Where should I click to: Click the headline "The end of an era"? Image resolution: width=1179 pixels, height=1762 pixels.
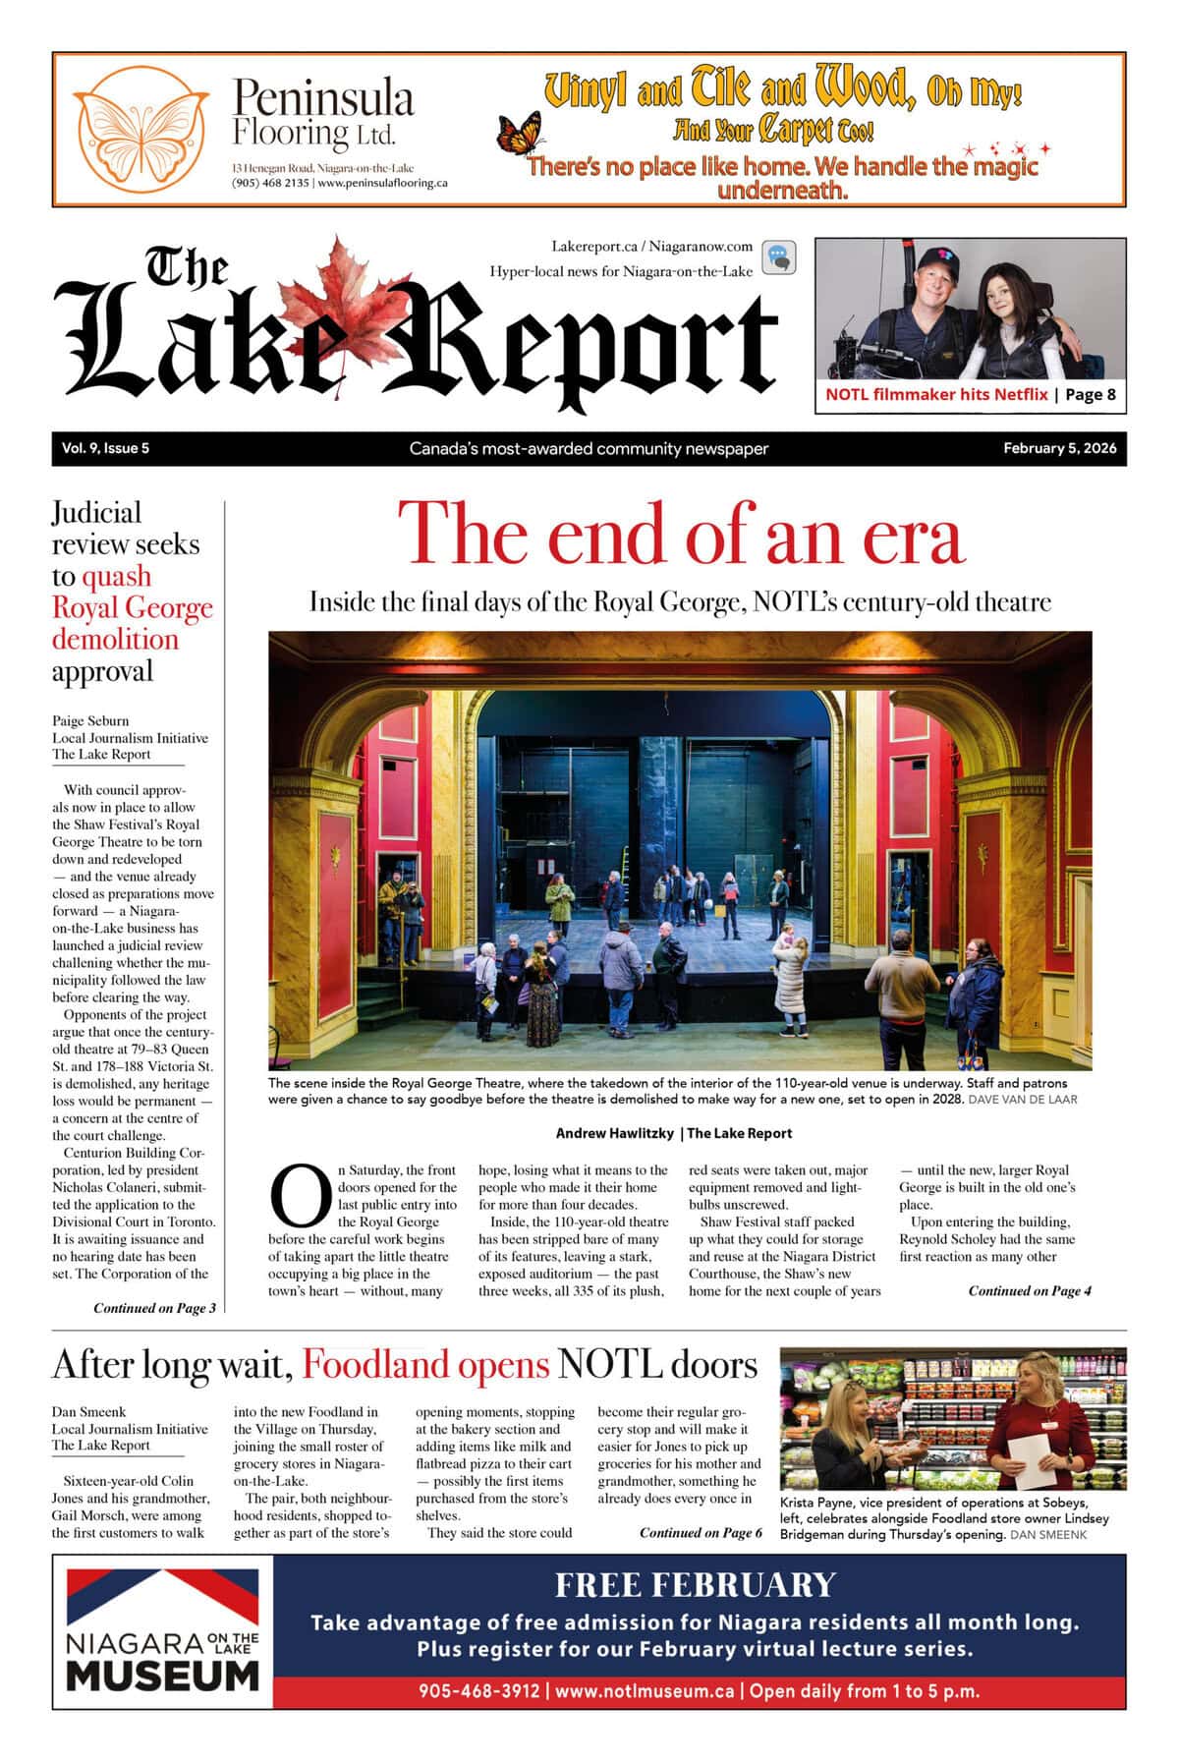[x=680, y=534]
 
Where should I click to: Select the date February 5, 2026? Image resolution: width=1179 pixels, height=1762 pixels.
[x=1059, y=449]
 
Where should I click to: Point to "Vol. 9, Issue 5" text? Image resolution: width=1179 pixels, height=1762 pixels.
[x=105, y=449]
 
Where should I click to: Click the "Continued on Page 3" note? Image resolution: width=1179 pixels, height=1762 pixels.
[x=154, y=1308]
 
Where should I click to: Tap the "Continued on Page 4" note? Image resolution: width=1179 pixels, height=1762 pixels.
[x=1029, y=1291]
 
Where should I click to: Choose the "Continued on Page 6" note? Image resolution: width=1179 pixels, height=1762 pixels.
[x=701, y=1533]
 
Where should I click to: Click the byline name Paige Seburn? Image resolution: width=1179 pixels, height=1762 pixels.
[x=90, y=720]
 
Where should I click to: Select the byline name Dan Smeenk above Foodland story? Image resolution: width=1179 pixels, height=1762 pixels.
[x=88, y=1412]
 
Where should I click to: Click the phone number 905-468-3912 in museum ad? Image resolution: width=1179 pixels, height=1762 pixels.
[x=478, y=1691]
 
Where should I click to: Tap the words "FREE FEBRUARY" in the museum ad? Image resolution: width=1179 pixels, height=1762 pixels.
[x=695, y=1585]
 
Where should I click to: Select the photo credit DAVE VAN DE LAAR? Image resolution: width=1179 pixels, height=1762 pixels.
[x=1022, y=1100]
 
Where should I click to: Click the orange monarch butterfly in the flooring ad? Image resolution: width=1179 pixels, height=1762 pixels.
[x=521, y=135]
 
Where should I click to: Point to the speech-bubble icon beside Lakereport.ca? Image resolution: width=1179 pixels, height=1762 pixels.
[x=779, y=257]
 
